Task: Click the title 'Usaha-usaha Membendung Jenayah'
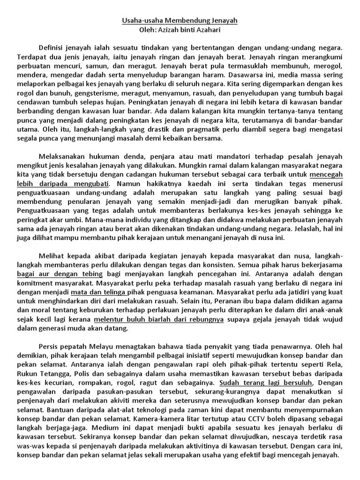click(x=180, y=21)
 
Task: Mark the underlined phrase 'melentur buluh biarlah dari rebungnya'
click(x=159, y=319)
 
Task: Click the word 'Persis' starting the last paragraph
click(x=47, y=346)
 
